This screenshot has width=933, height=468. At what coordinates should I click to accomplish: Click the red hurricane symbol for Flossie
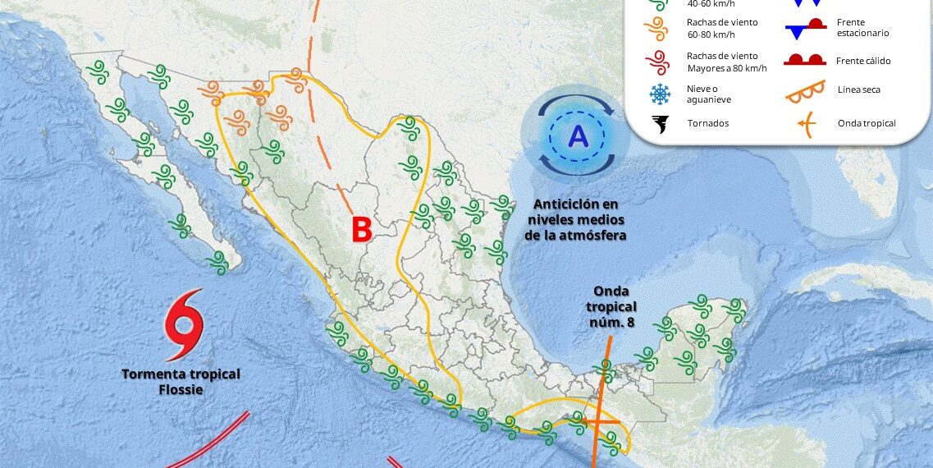click(184, 325)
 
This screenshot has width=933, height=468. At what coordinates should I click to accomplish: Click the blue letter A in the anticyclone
click(579, 135)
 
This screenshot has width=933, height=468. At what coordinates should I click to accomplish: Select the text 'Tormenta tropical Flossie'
click(181, 381)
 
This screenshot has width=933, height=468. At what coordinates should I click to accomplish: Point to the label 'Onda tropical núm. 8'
click(613, 307)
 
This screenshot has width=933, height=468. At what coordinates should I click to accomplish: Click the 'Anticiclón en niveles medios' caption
click(575, 219)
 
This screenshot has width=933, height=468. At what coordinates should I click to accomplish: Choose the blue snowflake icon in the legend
click(660, 94)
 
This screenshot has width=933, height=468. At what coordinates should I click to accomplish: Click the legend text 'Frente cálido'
click(863, 61)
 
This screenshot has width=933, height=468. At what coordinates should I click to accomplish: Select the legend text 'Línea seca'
click(859, 89)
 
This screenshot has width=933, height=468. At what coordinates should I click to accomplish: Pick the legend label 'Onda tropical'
click(867, 123)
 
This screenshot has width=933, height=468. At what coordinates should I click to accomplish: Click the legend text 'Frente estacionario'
click(863, 27)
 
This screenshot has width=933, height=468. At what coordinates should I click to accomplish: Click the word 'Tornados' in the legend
click(707, 123)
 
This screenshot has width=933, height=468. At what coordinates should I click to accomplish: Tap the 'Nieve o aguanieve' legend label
click(709, 94)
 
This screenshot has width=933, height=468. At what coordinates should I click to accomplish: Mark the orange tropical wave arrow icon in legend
click(807, 125)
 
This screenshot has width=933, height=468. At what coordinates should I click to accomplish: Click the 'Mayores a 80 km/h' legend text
click(726, 67)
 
